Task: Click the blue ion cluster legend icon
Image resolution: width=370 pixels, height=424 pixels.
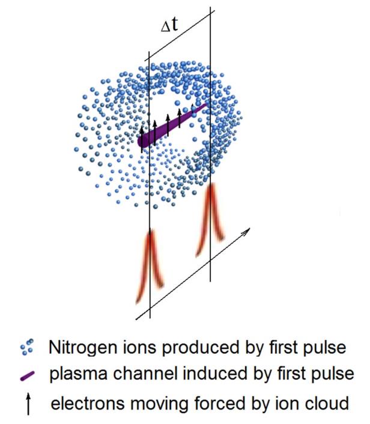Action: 27,347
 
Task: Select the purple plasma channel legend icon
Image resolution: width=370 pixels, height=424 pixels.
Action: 27,376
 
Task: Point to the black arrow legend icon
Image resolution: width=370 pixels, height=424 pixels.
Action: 28,404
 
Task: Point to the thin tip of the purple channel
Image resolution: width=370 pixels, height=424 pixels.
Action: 206,104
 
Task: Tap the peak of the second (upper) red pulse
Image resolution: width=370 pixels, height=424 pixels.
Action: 211,185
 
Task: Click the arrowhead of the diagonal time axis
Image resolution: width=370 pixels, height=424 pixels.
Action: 247,231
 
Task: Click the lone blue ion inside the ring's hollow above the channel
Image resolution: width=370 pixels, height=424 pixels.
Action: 177,103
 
